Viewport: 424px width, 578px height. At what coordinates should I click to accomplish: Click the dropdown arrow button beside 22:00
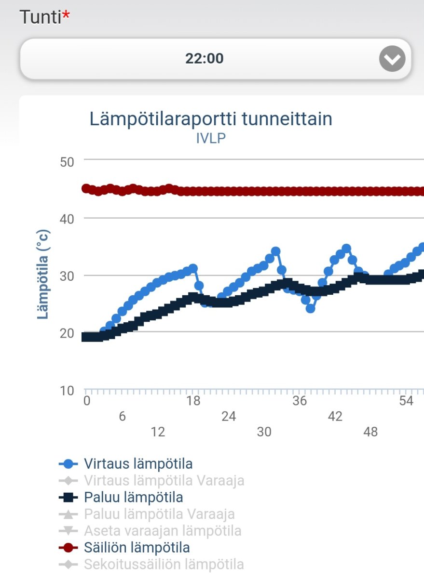pyautogui.click(x=392, y=59)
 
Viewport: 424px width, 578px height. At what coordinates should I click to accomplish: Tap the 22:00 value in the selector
pyautogui.click(x=204, y=59)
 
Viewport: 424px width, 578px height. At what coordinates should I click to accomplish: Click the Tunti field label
pyautogui.click(x=41, y=18)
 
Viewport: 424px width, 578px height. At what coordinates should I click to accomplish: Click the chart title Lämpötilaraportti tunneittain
pyautogui.click(x=211, y=118)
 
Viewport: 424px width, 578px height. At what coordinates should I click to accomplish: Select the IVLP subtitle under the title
pyautogui.click(x=211, y=138)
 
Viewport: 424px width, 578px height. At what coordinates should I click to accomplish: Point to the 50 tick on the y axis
pyautogui.click(x=67, y=162)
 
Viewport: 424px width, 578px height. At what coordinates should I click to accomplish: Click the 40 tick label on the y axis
pyautogui.click(x=67, y=219)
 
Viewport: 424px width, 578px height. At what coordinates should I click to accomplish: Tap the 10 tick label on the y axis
pyautogui.click(x=67, y=391)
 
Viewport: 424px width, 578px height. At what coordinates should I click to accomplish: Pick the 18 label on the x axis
pyautogui.click(x=193, y=401)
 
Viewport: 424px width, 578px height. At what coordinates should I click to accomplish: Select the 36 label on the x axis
pyautogui.click(x=300, y=401)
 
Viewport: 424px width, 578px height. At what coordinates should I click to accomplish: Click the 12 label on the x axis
pyautogui.click(x=158, y=432)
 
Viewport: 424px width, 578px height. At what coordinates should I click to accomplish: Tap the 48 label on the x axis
pyautogui.click(x=370, y=432)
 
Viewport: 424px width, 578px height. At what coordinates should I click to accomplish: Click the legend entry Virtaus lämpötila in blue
pyautogui.click(x=138, y=464)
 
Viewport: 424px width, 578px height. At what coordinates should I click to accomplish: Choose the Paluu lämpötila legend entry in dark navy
pyautogui.click(x=133, y=497)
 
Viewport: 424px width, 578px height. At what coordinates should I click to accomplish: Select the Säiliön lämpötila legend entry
pyautogui.click(x=137, y=548)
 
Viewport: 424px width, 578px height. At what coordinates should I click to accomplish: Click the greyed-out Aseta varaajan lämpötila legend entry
pyautogui.click(x=162, y=531)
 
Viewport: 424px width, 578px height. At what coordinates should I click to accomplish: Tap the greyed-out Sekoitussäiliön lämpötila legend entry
pyautogui.click(x=164, y=565)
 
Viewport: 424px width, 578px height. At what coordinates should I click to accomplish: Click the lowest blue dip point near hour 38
pyautogui.click(x=311, y=308)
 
